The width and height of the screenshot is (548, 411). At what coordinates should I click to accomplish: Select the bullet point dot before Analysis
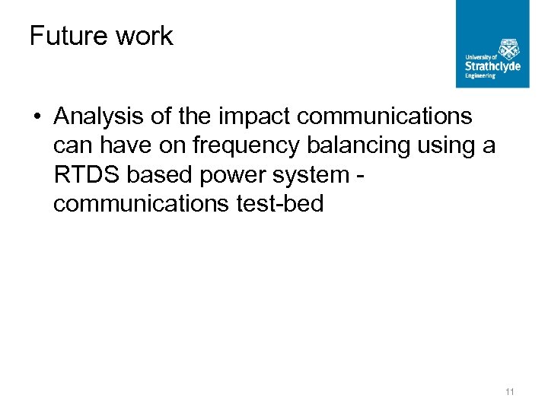tap(37, 117)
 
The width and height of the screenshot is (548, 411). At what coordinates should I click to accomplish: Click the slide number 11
tap(510, 392)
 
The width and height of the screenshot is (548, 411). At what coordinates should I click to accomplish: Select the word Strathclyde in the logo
tap(492, 66)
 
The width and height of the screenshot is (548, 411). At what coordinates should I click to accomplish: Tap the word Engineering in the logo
tap(480, 76)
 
